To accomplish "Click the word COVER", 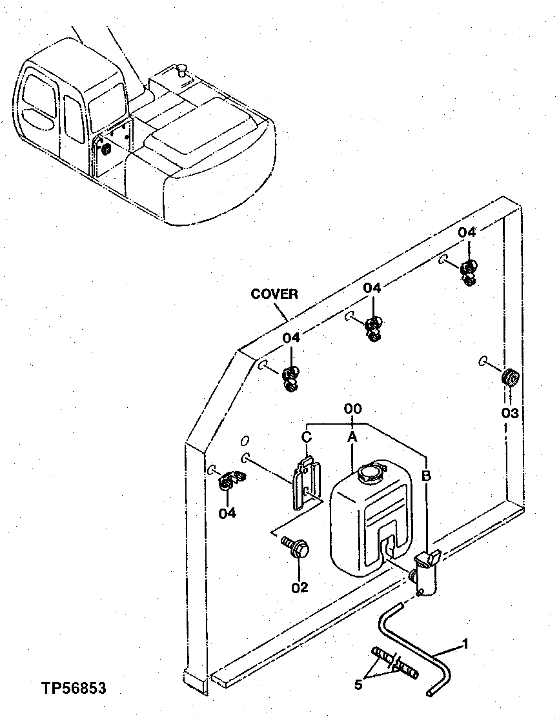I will point(274,294).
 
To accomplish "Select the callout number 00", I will point(352,409).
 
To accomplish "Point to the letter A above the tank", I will point(352,438).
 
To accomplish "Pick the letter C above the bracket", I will point(307,437).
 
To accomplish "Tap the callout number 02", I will point(300,587).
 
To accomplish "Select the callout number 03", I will point(510,412).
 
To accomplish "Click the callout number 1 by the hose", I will point(465,644).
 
